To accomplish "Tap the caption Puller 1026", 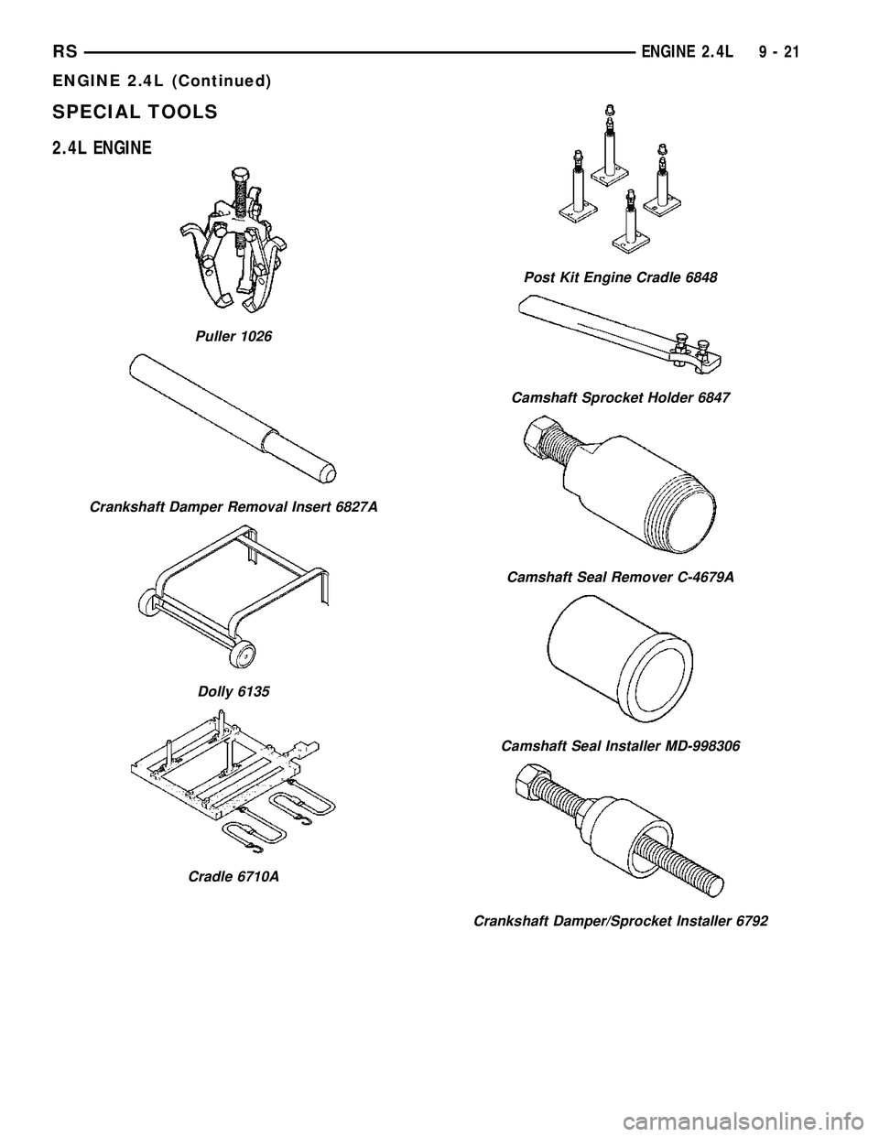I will point(233,337).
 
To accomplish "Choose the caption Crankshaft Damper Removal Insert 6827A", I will point(233,506).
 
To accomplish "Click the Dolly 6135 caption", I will point(233,692).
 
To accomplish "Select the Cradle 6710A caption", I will point(233,876).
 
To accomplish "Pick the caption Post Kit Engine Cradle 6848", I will point(620,276).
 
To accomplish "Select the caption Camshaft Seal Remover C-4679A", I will point(620,578).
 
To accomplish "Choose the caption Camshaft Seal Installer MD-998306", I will point(620,746).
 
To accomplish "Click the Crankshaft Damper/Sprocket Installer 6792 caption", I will point(620,921).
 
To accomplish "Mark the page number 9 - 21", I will point(780,53).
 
